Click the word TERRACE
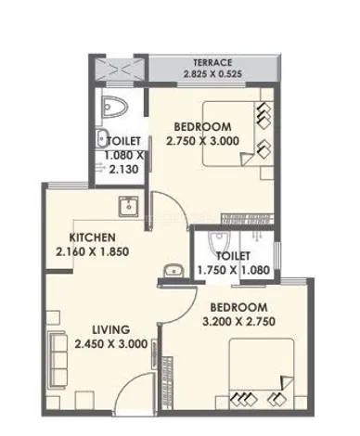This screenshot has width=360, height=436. tap(212, 63)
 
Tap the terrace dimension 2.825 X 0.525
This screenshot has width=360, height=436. tap(212, 74)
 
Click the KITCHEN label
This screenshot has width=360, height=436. tap(92, 237)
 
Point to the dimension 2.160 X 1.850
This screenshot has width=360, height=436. tap(92, 251)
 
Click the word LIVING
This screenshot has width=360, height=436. tap(111, 329)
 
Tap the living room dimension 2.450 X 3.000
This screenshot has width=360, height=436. tap(111, 344)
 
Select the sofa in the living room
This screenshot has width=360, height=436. tap(58, 359)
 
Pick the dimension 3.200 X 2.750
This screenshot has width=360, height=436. tap(238, 322)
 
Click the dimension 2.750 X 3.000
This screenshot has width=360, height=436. tap(203, 141)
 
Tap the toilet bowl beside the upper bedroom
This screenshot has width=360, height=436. tap(115, 107)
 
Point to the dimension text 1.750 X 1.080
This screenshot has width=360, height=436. tap(234, 270)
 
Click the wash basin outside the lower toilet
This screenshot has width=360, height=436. tap(174, 271)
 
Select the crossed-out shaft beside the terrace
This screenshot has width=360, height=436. tap(120, 70)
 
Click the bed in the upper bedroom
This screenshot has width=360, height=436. tap(229, 135)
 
